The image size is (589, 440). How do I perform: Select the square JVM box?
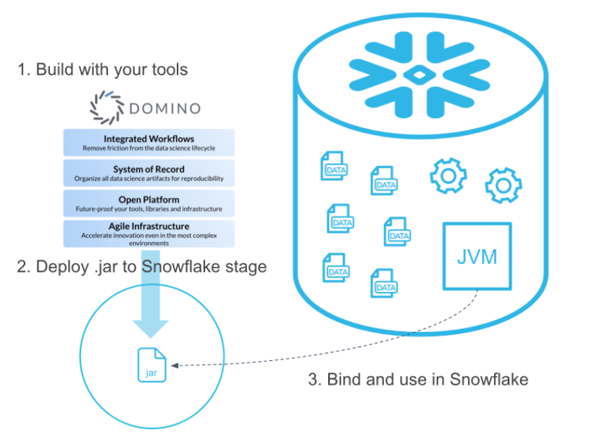477,257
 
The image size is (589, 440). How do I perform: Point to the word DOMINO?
164,109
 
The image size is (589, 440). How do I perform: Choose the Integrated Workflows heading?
149,138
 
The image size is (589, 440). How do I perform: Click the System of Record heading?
149,169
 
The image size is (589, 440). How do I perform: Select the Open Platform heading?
149,199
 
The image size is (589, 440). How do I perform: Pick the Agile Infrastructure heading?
149,226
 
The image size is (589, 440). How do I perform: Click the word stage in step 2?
243,267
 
